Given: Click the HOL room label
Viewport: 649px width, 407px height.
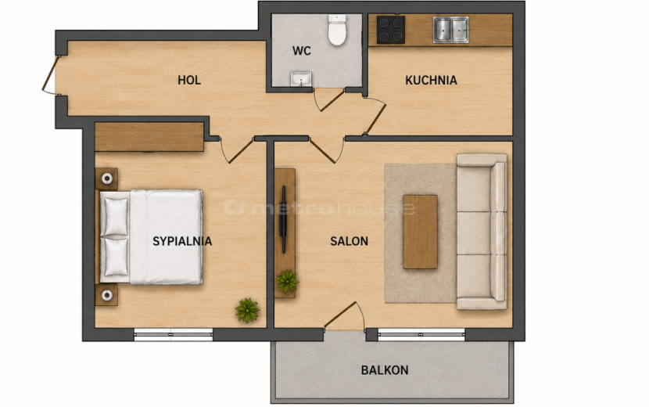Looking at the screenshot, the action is coord(189,80).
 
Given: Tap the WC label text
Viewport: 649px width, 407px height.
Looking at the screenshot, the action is coord(301,51).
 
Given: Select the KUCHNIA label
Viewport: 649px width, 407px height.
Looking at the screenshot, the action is coord(431,80).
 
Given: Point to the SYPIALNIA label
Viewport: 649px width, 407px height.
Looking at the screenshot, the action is coord(182,241).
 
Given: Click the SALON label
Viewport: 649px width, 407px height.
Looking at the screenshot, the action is coord(349,241).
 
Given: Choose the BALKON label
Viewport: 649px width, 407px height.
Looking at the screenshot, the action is coord(385,369).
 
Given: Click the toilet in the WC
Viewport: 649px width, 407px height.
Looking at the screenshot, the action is coord(337,30).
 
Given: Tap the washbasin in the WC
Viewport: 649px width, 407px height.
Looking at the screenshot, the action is coord(301,79).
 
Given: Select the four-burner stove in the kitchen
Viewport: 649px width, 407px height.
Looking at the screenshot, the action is coord(391,30).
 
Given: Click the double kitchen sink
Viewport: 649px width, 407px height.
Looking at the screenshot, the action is coord(450,30).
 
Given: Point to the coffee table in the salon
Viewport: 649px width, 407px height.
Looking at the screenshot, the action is coord(420,232).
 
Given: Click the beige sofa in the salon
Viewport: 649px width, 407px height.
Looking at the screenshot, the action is coord(482,232).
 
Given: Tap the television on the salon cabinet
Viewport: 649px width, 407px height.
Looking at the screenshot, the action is coord(284,219).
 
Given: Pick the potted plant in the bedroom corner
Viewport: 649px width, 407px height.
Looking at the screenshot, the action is coord(248,310).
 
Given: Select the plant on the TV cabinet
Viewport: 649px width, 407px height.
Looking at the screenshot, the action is coord(287,282).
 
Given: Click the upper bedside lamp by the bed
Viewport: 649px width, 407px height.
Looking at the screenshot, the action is coord(107,178).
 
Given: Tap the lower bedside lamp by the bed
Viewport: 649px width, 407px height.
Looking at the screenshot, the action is coord(107,295).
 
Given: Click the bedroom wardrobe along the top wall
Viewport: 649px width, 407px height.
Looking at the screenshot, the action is coord(149,137).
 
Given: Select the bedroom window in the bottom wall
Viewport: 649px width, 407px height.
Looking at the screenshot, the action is coord(174,334).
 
